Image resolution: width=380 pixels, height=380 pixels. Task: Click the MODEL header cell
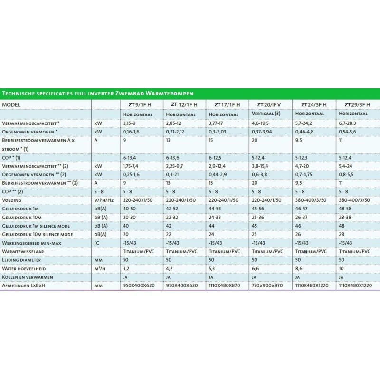(x=12, y=104)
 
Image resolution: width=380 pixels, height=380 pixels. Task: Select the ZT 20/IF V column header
(x=269, y=104)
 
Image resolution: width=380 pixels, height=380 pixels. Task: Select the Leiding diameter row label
(x=22, y=260)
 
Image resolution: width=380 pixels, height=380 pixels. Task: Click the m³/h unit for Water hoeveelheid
(x=101, y=268)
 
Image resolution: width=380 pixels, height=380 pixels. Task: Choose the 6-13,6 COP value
(x=174, y=157)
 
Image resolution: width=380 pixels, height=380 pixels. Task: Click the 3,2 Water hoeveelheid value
(x=126, y=268)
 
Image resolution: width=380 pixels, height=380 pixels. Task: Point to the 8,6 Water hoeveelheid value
(x=299, y=268)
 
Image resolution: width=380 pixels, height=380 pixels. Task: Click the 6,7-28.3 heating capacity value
(x=350, y=123)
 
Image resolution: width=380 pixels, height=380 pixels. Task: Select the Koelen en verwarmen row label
(x=28, y=277)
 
